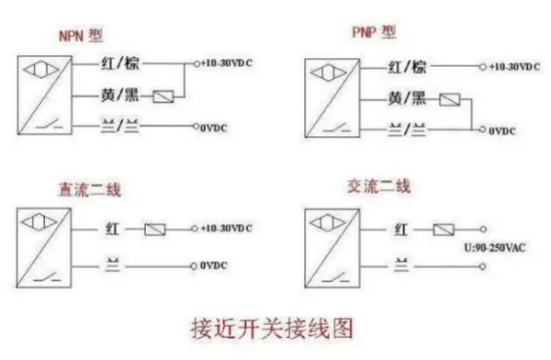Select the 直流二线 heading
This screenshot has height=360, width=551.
(84, 190)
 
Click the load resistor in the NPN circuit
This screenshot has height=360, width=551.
(165, 96)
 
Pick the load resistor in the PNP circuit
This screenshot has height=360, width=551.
(450, 99)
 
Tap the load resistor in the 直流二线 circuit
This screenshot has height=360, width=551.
(156, 227)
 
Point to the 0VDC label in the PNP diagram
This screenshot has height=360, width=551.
(503, 131)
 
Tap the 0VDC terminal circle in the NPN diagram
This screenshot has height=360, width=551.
(196, 127)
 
